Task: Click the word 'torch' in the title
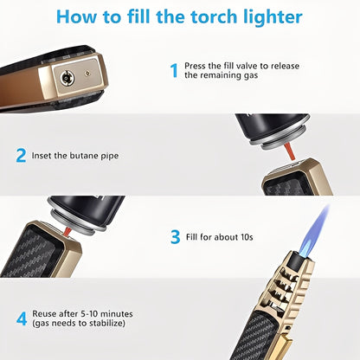tap(209, 18)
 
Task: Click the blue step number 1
tap(173, 70)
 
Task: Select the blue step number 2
tap(21, 156)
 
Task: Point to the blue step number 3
tap(174, 235)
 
